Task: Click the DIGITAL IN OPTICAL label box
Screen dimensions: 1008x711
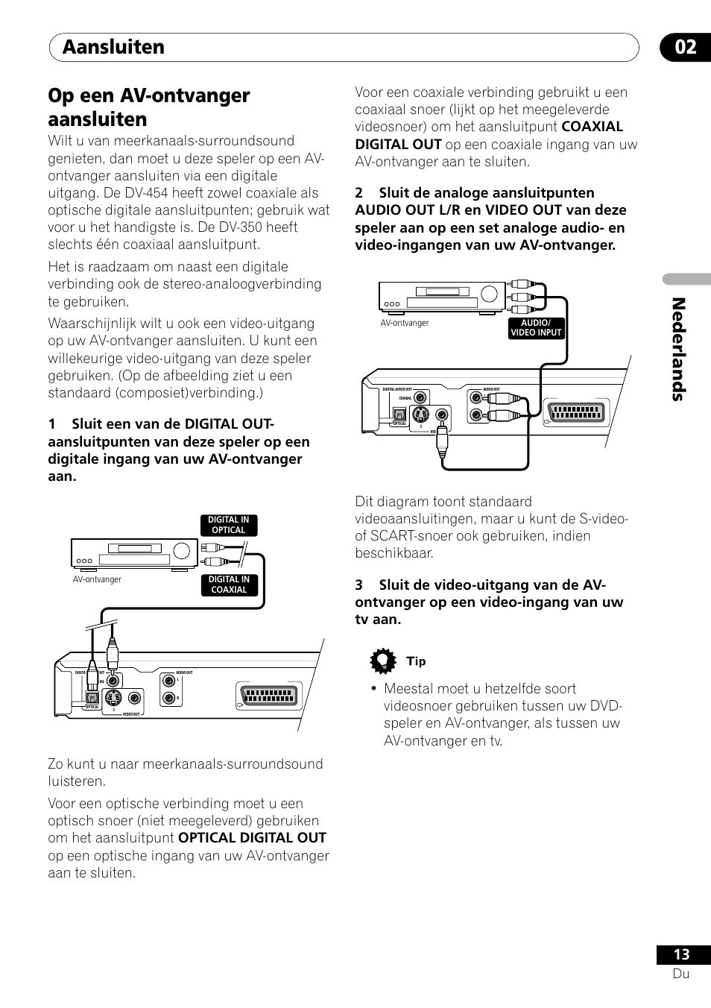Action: pyautogui.click(x=229, y=525)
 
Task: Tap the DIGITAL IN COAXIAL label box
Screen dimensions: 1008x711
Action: pyautogui.click(x=229, y=585)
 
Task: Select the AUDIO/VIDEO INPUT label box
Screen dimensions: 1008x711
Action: pyautogui.click(x=536, y=328)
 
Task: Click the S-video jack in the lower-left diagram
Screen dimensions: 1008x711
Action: pyautogui.click(x=112, y=699)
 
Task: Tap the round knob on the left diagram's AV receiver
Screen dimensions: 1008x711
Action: pyautogui.click(x=182, y=552)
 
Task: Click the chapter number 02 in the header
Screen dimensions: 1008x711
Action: pyautogui.click(x=686, y=47)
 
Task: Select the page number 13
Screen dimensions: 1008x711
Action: pyautogui.click(x=681, y=954)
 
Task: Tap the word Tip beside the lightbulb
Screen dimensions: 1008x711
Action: pyautogui.click(x=416, y=661)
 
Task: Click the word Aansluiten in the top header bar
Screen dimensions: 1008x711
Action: pyautogui.click(x=113, y=47)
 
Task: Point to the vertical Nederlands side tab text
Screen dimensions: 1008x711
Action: pyautogui.click(x=677, y=349)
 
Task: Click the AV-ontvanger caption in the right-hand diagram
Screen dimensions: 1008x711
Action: pyautogui.click(x=405, y=323)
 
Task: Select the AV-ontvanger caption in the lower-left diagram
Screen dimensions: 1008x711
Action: pyautogui.click(x=97, y=579)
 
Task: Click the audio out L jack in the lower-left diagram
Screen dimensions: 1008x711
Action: pyautogui.click(x=167, y=681)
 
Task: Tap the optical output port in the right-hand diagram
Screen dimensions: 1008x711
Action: pyautogui.click(x=399, y=414)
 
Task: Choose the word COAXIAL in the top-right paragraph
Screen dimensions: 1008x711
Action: pyautogui.click(x=592, y=127)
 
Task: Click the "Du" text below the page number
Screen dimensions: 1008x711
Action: pyautogui.click(x=680, y=974)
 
